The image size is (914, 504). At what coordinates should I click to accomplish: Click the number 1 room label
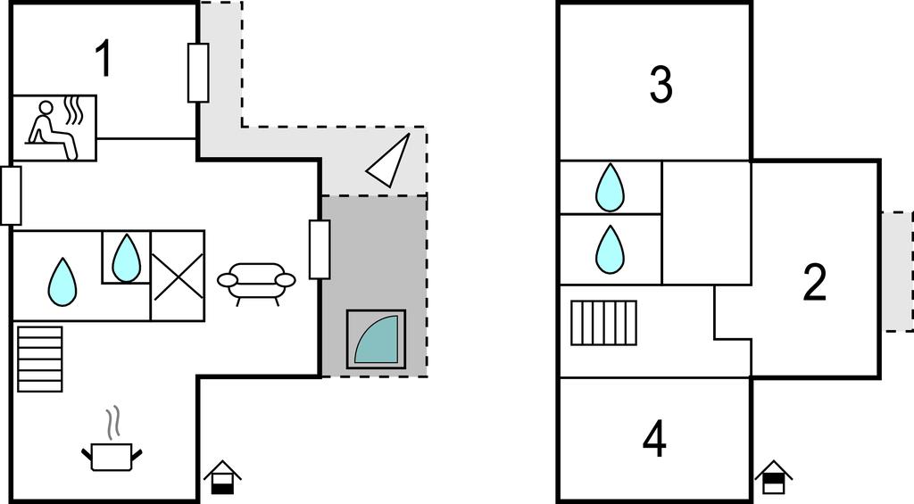(x=104, y=59)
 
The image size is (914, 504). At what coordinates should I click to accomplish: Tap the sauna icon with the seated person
(x=55, y=128)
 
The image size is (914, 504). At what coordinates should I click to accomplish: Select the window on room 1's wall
(x=198, y=72)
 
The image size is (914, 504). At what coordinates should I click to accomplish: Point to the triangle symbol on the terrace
(x=390, y=161)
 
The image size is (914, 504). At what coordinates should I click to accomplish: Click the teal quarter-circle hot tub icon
(x=376, y=340)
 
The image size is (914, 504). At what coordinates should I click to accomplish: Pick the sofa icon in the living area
(x=256, y=281)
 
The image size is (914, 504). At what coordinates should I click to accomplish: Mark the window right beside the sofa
(x=320, y=249)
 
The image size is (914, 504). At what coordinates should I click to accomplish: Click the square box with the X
(x=178, y=276)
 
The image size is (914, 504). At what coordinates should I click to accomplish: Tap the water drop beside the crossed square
(x=126, y=257)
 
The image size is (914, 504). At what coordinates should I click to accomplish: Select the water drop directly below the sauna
(x=62, y=281)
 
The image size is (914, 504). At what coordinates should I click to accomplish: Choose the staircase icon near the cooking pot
(x=40, y=359)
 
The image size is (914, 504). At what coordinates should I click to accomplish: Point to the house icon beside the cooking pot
(x=221, y=477)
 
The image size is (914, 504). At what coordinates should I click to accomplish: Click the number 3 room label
(x=660, y=84)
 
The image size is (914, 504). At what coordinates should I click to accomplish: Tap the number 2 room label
(x=814, y=282)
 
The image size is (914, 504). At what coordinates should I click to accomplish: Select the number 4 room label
(x=654, y=439)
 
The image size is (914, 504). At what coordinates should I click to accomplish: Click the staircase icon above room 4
(x=604, y=322)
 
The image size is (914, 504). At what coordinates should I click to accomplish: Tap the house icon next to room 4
(x=773, y=477)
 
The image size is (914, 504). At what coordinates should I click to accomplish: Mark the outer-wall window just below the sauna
(x=11, y=195)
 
